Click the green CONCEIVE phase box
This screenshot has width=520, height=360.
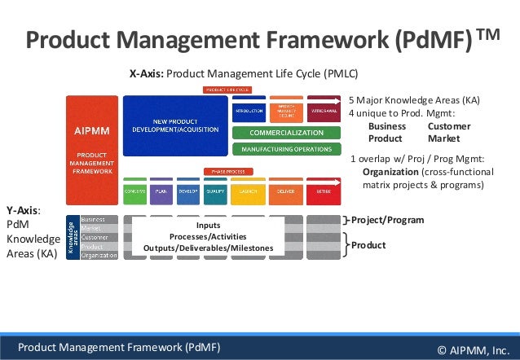point(134,191)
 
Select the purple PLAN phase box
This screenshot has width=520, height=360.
point(161,191)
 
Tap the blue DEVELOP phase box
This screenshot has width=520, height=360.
point(188,191)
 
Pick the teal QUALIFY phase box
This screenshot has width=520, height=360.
point(215,191)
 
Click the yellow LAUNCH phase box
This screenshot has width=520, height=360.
point(249,191)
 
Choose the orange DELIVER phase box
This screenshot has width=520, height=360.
point(285,191)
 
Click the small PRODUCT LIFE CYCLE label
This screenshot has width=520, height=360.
point(227,90)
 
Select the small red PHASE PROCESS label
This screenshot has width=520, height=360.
point(227,172)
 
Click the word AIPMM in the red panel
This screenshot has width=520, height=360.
point(93,130)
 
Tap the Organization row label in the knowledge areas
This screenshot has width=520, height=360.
point(99,255)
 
